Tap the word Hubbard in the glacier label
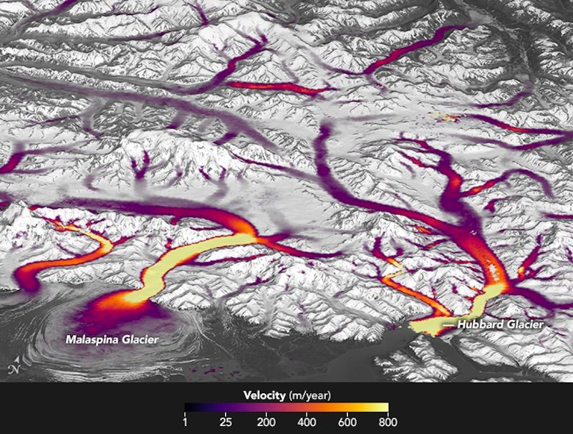tap(479, 324)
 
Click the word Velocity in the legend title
tap(265, 395)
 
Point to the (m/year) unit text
tap(310, 395)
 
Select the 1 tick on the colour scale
tap(186, 423)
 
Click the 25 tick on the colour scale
tap(226, 423)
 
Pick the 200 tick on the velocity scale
tap(266, 423)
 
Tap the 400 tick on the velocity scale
tap(307, 423)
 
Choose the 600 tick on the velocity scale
tap(347, 423)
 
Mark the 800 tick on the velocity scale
tap(387, 423)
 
